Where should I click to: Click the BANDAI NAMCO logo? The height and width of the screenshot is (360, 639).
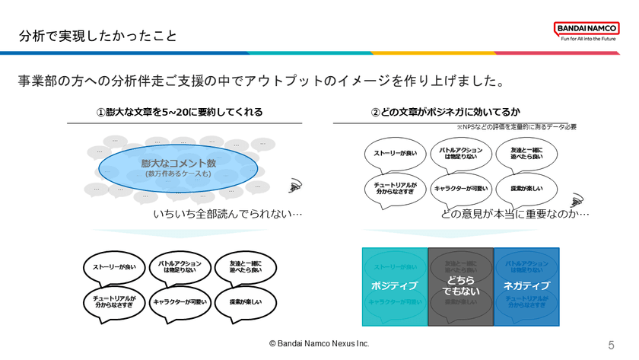(587, 29)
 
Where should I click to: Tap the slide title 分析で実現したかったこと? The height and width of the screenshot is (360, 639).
(98, 36)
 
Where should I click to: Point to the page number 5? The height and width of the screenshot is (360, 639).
(611, 345)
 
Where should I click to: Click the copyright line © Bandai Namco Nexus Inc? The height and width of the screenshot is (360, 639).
(319, 344)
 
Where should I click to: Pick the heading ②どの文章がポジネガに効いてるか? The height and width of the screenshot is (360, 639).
(446, 113)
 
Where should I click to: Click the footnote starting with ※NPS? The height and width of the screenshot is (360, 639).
(517, 127)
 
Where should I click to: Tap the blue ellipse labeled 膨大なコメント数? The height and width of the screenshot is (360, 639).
(179, 167)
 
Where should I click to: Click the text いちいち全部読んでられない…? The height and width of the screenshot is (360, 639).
(227, 214)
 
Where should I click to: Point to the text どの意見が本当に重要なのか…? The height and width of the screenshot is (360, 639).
(515, 214)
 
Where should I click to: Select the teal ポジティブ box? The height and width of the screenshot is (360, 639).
(394, 286)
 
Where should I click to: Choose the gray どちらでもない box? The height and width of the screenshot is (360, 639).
(460, 286)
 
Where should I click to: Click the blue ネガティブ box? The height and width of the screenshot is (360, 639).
(526, 286)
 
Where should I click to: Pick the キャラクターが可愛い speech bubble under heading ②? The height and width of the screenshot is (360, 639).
(460, 188)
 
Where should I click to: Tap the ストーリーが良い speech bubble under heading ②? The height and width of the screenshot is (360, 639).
(395, 154)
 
